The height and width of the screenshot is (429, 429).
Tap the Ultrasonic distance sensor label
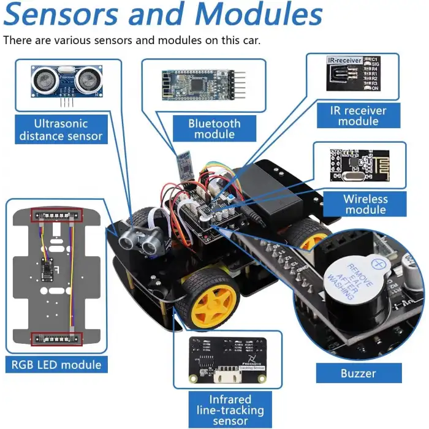tap(61, 129)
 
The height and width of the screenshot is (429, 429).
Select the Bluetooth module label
tap(214, 129)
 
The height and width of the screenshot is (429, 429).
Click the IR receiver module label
tap(359, 116)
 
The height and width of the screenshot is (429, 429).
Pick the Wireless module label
tap(365, 204)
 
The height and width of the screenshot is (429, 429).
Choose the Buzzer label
tap(359, 373)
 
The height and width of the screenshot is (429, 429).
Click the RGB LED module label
tap(56, 365)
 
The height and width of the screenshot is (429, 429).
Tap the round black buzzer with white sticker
tap(352, 281)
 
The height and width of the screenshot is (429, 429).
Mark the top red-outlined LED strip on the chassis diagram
tap(56, 215)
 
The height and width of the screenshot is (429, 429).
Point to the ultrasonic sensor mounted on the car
tap(139, 237)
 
